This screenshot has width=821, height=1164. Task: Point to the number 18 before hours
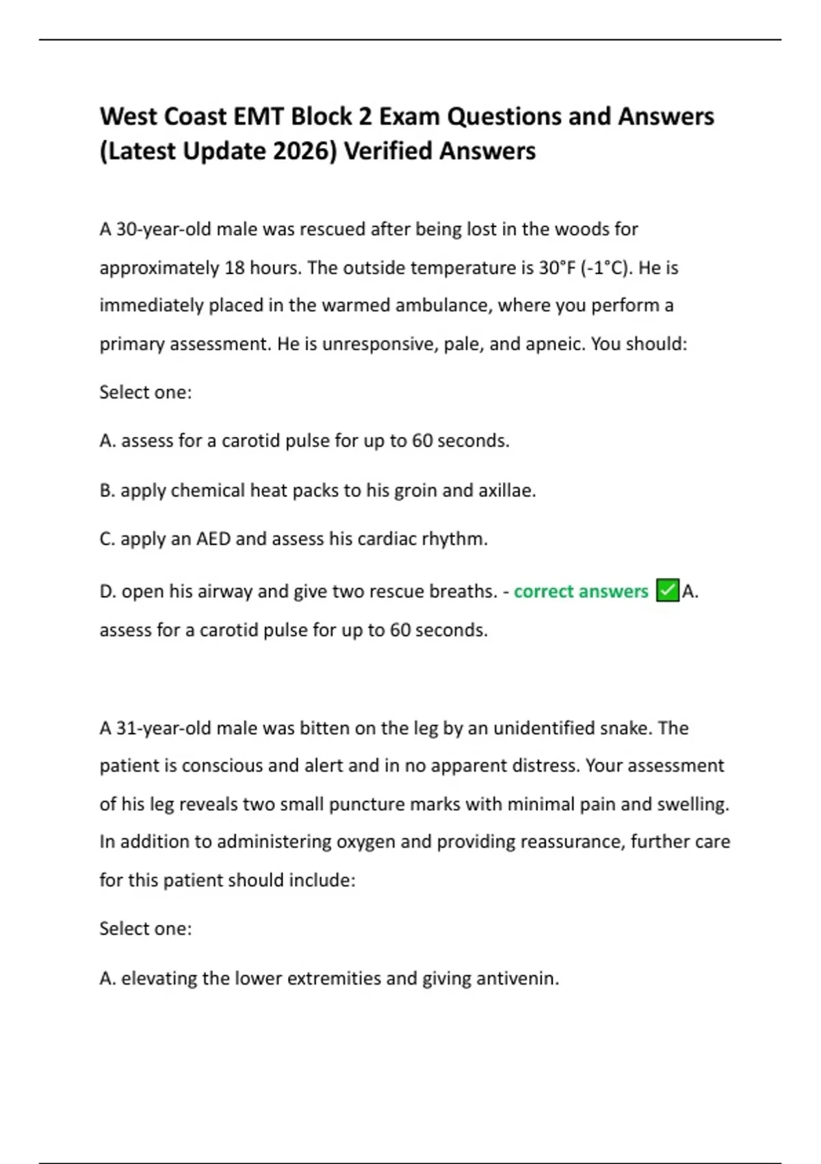click(235, 268)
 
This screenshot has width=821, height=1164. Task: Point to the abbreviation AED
click(213, 540)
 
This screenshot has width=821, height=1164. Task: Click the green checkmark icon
click(667, 590)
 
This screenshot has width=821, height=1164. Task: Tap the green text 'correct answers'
click(581, 592)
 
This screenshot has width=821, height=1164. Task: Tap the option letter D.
click(107, 592)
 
